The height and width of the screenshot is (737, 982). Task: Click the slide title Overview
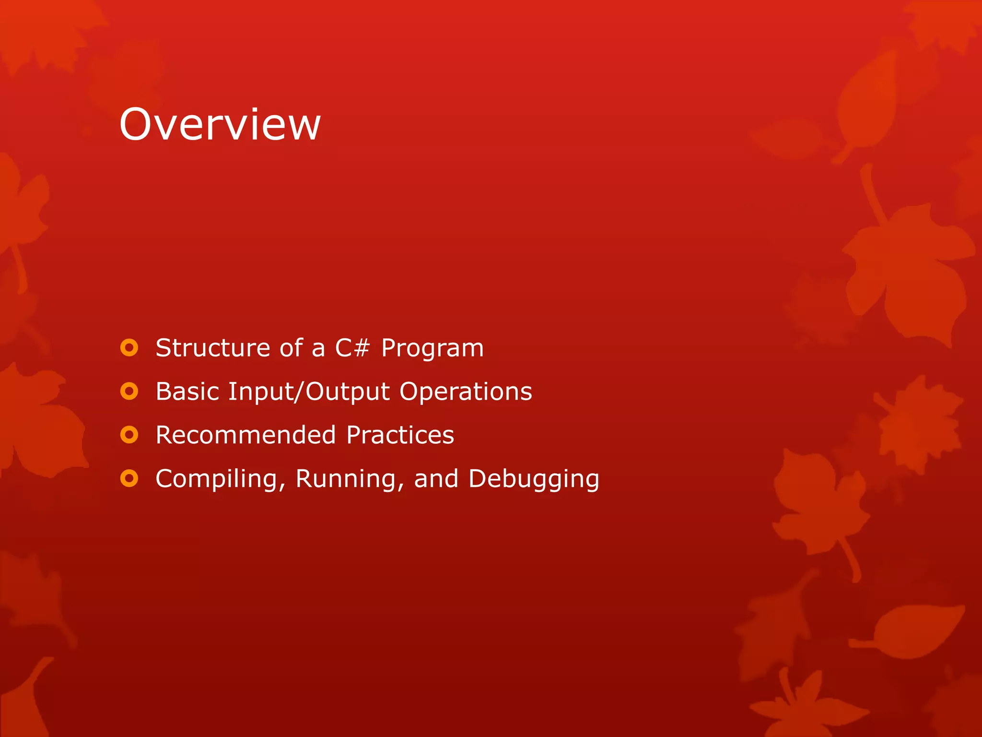[x=220, y=124]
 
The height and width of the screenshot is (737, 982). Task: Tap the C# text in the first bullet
[x=352, y=348]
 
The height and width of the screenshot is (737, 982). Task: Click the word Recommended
[x=245, y=435]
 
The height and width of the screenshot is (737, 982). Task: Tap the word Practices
[x=400, y=435]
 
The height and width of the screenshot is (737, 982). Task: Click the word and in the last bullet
[x=436, y=479]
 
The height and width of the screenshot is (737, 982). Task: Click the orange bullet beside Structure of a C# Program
[x=129, y=348]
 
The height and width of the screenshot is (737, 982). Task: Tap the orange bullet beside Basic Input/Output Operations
[x=129, y=392]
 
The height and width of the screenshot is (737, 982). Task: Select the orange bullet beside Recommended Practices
[x=129, y=435]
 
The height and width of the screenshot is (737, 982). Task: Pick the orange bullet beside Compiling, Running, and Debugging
[x=129, y=479]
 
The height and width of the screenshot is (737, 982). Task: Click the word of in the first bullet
[x=292, y=348]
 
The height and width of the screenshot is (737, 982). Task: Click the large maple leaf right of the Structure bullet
[x=906, y=273]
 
